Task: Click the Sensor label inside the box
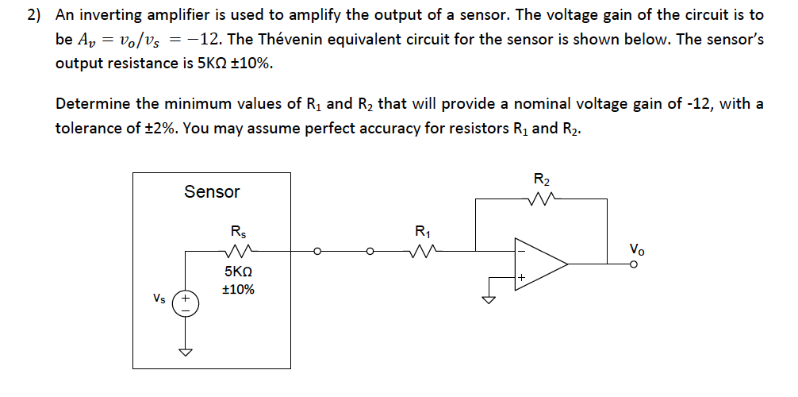[211, 191]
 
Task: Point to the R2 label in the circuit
[542, 179]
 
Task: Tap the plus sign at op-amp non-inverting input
[521, 277]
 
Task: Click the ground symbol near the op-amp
[490, 299]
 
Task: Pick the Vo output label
[636, 248]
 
